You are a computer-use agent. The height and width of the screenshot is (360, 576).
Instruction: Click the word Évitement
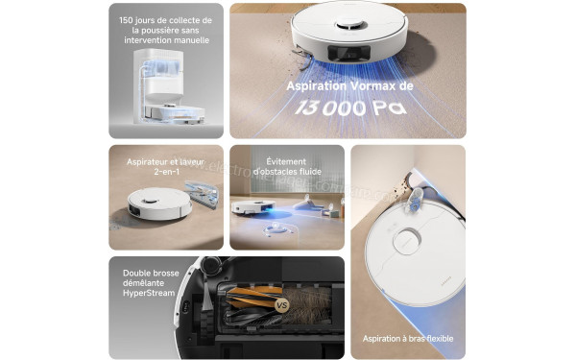287,161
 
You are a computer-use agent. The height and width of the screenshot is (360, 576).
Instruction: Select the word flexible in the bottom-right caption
433,339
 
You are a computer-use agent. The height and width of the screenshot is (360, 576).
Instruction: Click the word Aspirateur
149,162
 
